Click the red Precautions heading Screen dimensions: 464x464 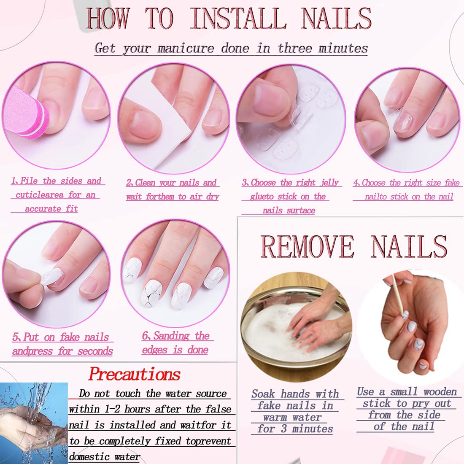tap(135, 374)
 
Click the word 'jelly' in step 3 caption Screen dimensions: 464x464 tap(329, 183)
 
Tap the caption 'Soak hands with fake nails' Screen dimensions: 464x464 tap(295, 399)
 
